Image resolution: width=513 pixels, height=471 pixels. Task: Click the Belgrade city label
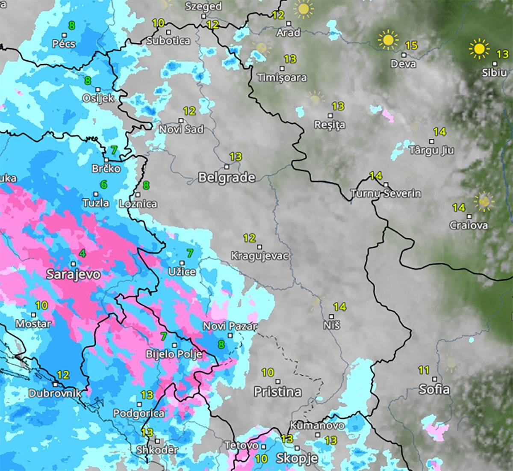(227, 178)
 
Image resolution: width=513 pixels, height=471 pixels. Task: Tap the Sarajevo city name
(73, 274)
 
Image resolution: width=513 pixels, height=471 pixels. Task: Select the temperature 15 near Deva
(411, 45)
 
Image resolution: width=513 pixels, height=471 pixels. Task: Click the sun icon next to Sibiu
(479, 49)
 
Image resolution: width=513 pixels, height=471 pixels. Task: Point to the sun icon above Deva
(388, 40)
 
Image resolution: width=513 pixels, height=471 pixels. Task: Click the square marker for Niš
(331, 317)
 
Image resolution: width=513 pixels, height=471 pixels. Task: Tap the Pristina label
(277, 391)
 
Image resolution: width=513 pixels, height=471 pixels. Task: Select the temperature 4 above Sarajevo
(83, 254)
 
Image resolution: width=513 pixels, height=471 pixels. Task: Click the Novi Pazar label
(230, 326)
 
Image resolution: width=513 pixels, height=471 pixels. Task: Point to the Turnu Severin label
(386, 194)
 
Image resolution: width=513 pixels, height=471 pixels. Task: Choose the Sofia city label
(434, 389)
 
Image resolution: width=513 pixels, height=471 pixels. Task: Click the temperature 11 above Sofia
(424, 370)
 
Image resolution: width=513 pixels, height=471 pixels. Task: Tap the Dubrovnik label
(55, 393)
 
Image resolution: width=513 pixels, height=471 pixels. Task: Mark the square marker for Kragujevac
(259, 247)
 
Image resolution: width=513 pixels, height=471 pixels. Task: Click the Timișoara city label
(282, 78)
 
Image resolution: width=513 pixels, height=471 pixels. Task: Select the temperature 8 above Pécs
(71, 26)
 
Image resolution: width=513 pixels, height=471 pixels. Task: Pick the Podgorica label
(139, 413)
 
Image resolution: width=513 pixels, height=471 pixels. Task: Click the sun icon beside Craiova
(484, 201)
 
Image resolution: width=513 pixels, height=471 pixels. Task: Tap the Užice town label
(182, 272)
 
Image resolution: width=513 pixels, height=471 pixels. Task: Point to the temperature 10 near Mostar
(41, 305)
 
